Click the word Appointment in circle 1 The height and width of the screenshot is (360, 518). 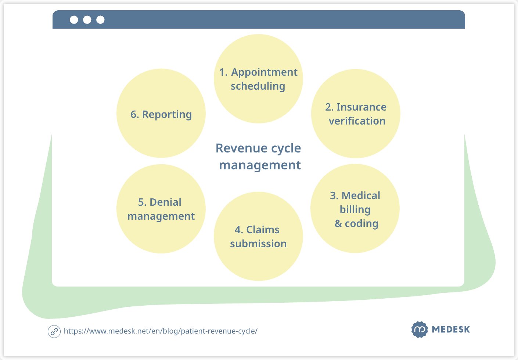[264, 72]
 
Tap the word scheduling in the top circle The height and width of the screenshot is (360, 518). [258, 86]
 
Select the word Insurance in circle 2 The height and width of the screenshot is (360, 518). [361, 107]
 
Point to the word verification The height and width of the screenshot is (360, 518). [357, 121]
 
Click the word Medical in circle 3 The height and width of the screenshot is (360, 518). [361, 195]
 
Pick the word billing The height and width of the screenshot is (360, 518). [355, 209]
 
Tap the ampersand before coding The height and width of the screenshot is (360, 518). [338, 223]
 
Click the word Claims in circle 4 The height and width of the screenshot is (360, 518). [263, 230]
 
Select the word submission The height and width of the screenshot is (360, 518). [258, 244]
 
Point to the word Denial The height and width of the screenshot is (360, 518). [165, 202]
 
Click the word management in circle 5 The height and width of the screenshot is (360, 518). [161, 216]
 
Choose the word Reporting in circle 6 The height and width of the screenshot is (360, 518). [167, 115]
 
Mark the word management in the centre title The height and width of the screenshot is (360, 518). [260, 165]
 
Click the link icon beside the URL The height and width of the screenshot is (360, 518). [54, 331]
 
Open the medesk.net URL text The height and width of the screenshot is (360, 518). [161, 331]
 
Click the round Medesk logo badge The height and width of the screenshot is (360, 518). [420, 330]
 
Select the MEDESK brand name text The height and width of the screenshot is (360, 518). [451, 330]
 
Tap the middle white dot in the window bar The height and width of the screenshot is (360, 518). [87, 20]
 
